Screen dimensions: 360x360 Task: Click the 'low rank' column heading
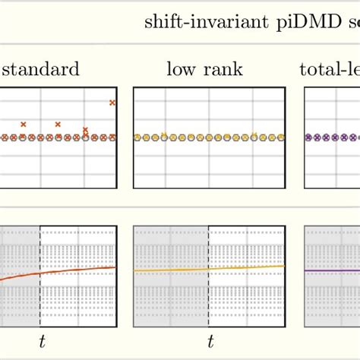pos(204,71)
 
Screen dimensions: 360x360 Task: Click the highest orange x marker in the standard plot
pos(112,102)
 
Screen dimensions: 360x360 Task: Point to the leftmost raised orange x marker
pos(24,123)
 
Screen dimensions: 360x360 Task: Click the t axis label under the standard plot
pos(41,342)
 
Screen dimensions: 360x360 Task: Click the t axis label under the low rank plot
pos(210,342)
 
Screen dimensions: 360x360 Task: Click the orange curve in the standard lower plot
pos(76,270)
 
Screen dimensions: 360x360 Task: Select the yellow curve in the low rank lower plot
pos(243,267)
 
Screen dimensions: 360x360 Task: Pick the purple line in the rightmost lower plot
pos(334,270)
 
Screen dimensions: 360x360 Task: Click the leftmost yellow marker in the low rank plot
pos(137,137)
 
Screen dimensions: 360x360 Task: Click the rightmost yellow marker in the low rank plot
pos(281,137)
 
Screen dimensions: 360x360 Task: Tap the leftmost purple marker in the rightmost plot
pos(308,137)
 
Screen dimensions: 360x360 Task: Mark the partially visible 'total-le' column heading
pos(330,71)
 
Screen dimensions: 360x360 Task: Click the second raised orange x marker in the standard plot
pos(58,123)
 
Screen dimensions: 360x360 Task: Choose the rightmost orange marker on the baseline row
pos(112,137)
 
